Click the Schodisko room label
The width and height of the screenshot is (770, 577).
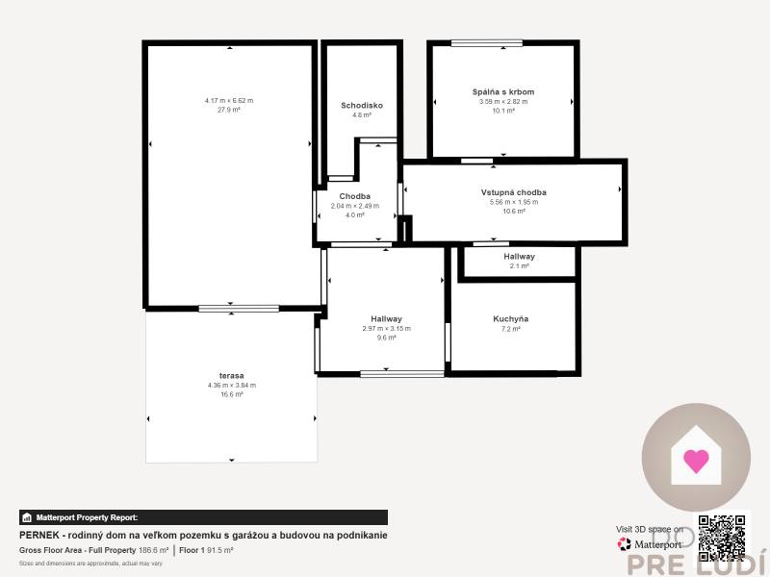(362, 105)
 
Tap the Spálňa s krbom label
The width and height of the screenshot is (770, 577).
(502, 91)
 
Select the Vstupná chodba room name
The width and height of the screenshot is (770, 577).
(513, 192)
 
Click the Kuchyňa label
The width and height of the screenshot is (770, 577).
(510, 318)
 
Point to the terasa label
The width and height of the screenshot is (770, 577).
(231, 375)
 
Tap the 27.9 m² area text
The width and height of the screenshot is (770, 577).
(228, 110)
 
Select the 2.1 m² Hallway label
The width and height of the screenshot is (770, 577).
(519, 257)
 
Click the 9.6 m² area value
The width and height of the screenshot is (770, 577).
(386, 338)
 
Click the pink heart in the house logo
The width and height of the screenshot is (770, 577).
(696, 461)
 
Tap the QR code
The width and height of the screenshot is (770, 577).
(722, 538)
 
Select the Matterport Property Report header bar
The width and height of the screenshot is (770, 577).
(203, 517)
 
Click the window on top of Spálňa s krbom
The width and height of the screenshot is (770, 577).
(486, 42)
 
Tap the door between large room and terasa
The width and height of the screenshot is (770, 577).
(239, 308)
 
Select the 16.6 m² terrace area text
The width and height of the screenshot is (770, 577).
(231, 394)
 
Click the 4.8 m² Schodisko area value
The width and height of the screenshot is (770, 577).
(362, 114)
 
